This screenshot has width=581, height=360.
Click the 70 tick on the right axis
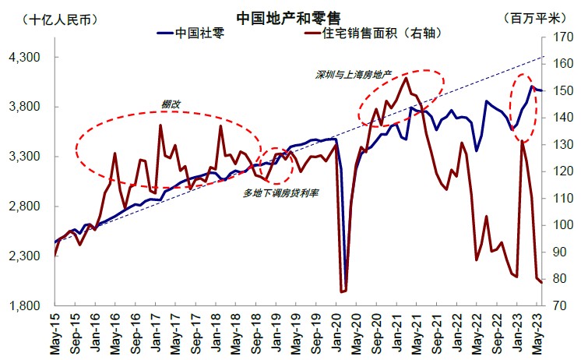pos(562,306)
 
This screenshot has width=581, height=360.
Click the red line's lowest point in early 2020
pos(342,291)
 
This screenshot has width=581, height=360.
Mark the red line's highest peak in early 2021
pos(407,78)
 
